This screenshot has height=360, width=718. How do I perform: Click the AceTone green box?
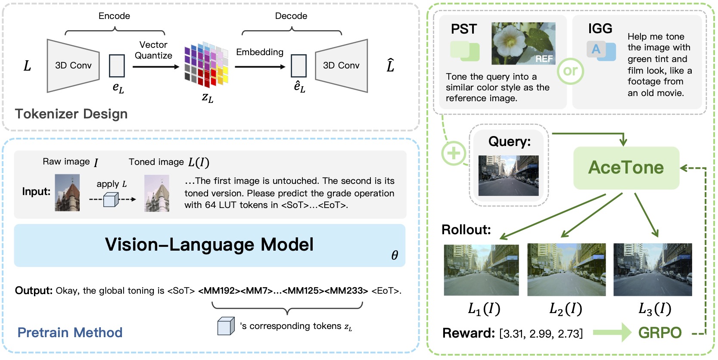(626, 168)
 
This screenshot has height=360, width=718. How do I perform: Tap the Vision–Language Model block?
(209, 245)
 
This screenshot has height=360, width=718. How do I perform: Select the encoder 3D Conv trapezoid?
(73, 65)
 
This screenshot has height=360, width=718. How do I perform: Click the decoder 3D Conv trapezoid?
(341, 65)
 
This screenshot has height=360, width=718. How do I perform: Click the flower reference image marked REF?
(523, 43)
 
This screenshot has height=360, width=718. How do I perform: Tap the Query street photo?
(508, 175)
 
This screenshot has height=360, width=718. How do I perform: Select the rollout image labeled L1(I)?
(481, 270)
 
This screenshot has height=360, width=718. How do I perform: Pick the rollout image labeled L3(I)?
(652, 270)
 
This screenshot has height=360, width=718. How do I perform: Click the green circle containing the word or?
(570, 71)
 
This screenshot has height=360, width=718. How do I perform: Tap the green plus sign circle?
(453, 153)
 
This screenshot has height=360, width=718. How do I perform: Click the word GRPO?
(659, 333)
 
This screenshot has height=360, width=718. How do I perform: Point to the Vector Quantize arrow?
(155, 67)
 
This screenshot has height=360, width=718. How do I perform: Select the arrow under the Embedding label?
(260, 67)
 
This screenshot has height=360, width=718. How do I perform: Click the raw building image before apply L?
(67, 192)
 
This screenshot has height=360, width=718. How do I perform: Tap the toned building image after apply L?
(156, 193)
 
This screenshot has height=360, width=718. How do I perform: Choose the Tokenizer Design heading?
(71, 114)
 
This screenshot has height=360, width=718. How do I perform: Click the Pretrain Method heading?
(70, 332)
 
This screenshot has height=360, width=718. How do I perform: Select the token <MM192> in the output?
(219, 291)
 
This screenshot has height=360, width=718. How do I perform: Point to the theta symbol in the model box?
(395, 255)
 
